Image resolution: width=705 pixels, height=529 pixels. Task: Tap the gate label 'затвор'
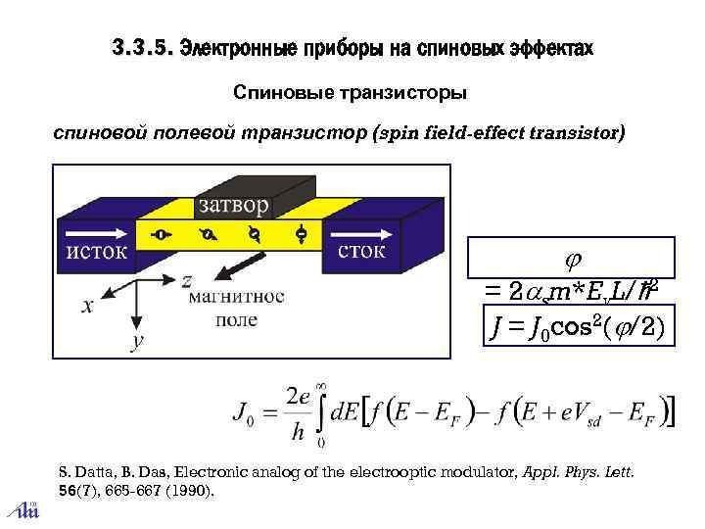point(233,205)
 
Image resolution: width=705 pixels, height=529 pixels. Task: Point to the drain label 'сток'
point(361,251)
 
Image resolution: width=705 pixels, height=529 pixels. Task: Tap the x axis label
point(87,306)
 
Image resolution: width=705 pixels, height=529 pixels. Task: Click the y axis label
point(137,340)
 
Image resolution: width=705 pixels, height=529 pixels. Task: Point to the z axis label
point(186,280)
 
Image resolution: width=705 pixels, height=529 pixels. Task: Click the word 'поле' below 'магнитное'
point(236,318)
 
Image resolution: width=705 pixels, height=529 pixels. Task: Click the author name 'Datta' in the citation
point(93,472)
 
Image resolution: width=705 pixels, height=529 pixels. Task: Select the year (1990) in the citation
point(190,490)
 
